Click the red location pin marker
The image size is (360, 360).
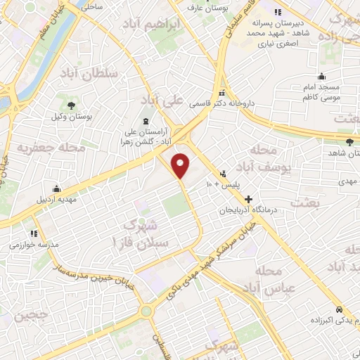[181, 165]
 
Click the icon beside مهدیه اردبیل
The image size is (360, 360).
[56, 189]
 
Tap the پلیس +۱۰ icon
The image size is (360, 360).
[224, 173]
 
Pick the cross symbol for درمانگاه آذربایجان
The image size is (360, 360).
[247, 199]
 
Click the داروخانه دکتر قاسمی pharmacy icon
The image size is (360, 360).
[222, 94]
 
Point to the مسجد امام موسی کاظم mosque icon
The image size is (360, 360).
[322, 77]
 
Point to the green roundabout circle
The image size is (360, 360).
[146, 311]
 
